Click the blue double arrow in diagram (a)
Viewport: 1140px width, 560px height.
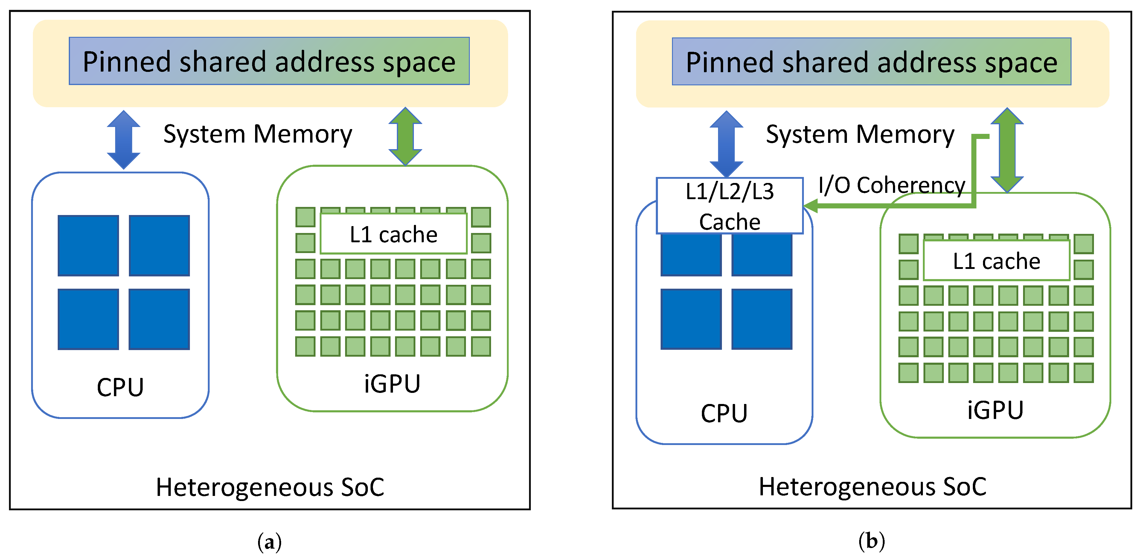(124, 140)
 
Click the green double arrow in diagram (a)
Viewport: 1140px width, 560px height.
(405, 137)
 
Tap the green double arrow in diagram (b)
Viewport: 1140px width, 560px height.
(1007, 150)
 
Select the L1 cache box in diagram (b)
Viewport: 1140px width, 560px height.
(996, 261)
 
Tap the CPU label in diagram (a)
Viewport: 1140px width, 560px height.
(121, 387)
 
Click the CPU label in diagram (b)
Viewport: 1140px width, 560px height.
(724, 413)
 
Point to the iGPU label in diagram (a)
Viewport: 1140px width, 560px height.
(392, 384)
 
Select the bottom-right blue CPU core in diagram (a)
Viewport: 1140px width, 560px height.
(159, 319)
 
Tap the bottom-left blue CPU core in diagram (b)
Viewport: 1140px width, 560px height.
(691, 319)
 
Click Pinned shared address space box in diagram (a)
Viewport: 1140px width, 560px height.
(269, 61)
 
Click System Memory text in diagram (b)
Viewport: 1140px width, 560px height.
(860, 134)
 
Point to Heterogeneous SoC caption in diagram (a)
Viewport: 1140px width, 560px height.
(270, 487)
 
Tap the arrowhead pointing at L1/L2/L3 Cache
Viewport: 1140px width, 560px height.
(811, 205)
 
